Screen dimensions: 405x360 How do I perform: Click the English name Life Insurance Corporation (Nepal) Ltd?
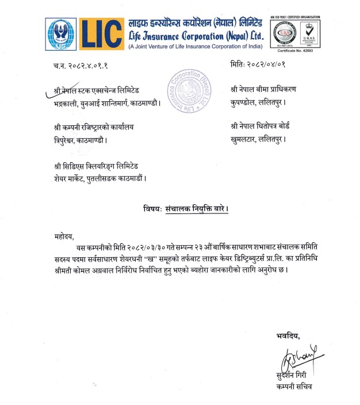click(x=196, y=36)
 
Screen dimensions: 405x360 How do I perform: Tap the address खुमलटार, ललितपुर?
click(x=258, y=139)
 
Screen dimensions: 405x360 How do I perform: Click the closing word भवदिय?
click(x=288, y=336)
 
